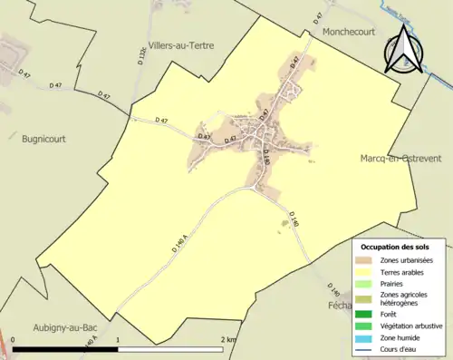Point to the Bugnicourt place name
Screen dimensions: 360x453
43,139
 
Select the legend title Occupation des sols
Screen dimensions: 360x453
395,247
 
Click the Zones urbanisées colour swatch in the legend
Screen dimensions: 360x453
366,260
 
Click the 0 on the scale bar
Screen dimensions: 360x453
13,340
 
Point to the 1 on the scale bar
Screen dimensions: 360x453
118,340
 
